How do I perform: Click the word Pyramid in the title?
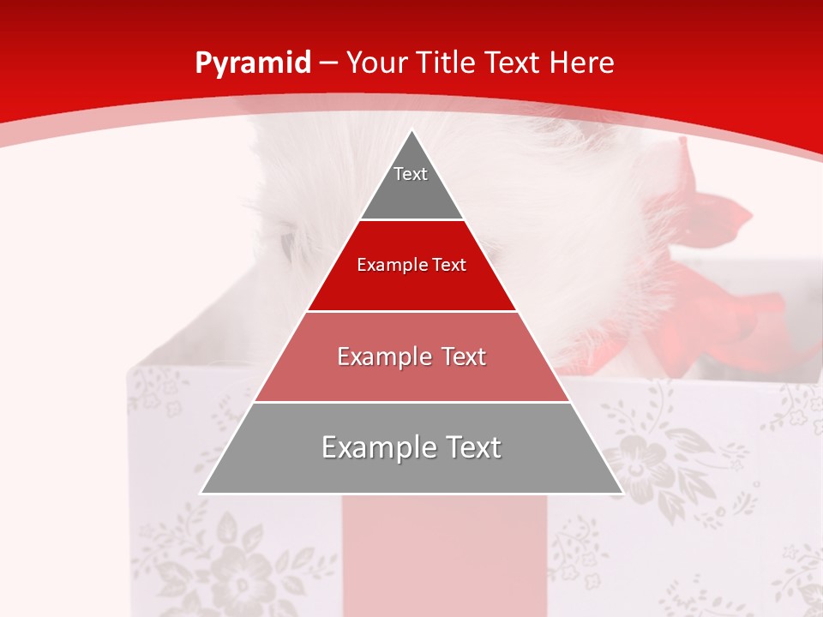point(252,63)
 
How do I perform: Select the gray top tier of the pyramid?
point(411,189)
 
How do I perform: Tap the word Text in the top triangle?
point(410,174)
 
